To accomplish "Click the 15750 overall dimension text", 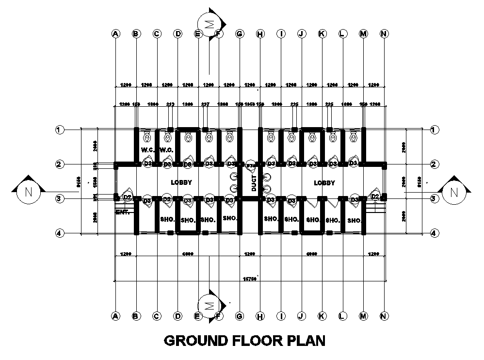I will point(249,278).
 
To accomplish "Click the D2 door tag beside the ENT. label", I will point(127,197).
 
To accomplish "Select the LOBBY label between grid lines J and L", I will point(324,183).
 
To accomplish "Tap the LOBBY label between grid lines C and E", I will point(181,183).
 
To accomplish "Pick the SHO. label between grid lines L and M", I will point(355,220).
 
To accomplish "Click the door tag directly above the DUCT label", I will point(250,166).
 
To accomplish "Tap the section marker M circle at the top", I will point(209,24).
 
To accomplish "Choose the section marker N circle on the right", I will point(453,192).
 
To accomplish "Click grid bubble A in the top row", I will point(115,33).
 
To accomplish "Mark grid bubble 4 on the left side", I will point(59,233).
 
